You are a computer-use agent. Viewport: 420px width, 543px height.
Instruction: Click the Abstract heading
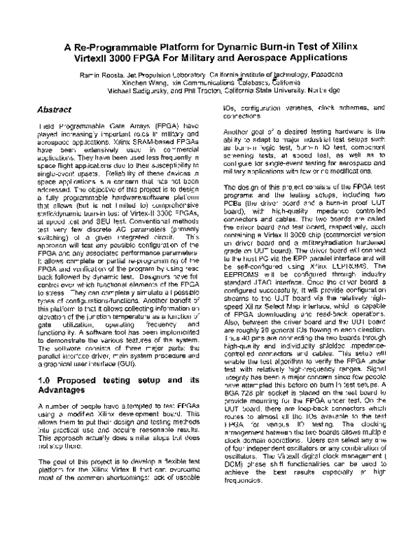click(56, 110)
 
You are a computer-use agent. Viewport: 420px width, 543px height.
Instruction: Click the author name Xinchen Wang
click(146, 81)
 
